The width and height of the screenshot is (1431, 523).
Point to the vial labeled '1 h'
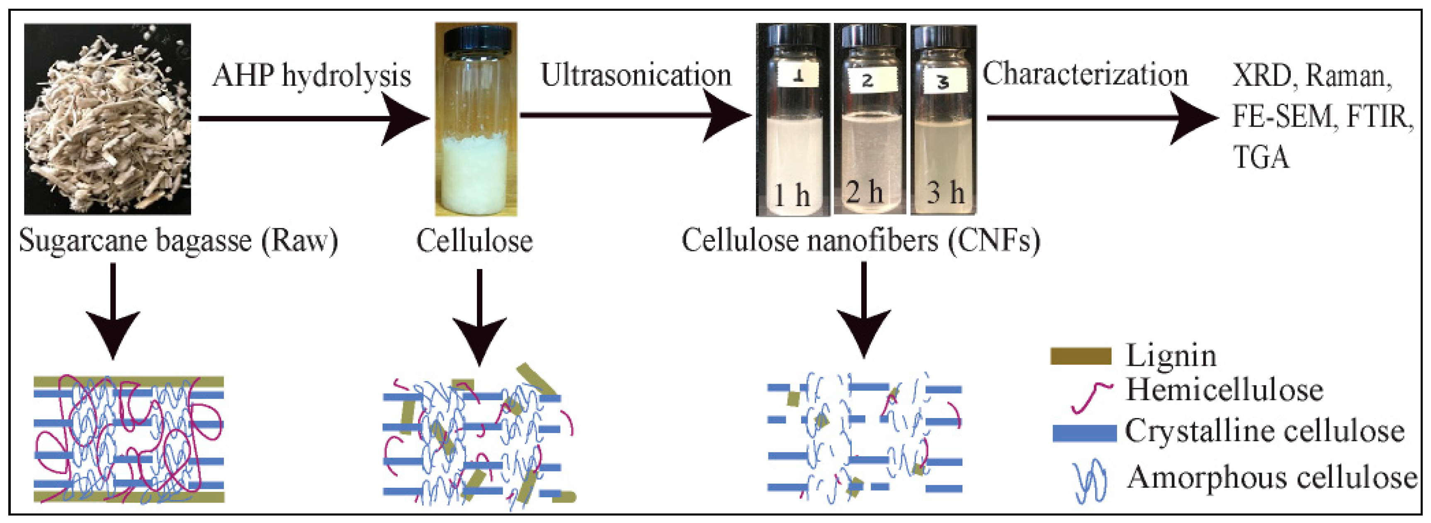pyautogui.click(x=793, y=119)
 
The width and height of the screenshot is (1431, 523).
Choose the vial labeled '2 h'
pyautogui.click(x=870, y=119)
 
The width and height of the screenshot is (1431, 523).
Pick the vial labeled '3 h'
pyautogui.click(x=943, y=119)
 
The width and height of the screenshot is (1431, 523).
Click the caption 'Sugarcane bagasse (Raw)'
pyautogui.click(x=178, y=241)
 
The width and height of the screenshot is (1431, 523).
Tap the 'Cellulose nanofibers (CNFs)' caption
pyautogui.click(x=860, y=241)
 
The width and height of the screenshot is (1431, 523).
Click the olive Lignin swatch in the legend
pyautogui.click(x=1081, y=356)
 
